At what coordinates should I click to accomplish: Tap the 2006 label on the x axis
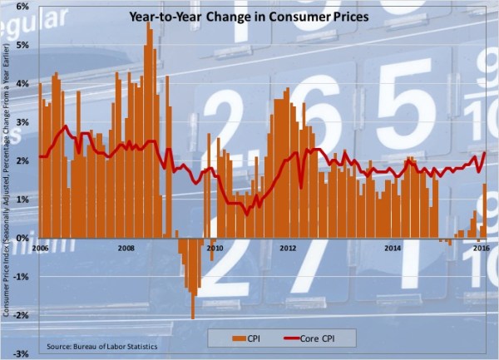[x=39, y=248]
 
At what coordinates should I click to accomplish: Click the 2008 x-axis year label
[x=126, y=248]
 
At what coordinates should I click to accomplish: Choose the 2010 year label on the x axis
[x=215, y=248]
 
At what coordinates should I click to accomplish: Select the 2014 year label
[x=392, y=248]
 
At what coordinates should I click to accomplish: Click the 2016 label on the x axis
[x=480, y=248]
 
